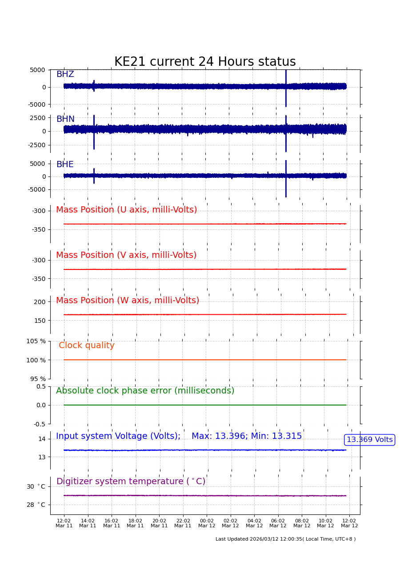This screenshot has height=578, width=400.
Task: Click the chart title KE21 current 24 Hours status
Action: (x=205, y=62)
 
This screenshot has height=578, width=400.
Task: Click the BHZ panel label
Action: (x=65, y=74)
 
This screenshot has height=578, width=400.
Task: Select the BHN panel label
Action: (x=65, y=119)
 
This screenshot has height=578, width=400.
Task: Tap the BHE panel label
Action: (x=65, y=165)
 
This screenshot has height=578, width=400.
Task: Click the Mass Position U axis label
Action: (x=126, y=210)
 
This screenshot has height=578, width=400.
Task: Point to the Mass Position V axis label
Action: (x=126, y=255)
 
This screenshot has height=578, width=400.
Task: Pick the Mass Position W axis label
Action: (x=128, y=301)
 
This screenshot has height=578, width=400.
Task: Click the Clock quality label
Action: (x=87, y=345)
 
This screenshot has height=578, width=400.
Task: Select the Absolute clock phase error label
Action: (x=145, y=391)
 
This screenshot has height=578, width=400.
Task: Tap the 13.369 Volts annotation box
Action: (x=369, y=440)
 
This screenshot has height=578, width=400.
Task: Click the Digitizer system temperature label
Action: (x=131, y=482)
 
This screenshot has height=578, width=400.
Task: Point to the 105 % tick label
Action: (x=36, y=341)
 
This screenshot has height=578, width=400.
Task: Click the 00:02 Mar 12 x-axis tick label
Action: (x=207, y=523)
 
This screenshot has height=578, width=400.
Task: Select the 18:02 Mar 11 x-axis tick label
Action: (x=135, y=523)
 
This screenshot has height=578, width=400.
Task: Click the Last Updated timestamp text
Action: (x=285, y=539)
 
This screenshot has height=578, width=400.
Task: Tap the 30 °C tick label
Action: (x=36, y=486)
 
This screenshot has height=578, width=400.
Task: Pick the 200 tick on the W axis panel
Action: (x=40, y=302)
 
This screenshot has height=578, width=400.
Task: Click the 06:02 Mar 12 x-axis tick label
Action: (x=278, y=523)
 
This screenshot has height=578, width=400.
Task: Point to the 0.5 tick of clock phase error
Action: (x=41, y=386)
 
